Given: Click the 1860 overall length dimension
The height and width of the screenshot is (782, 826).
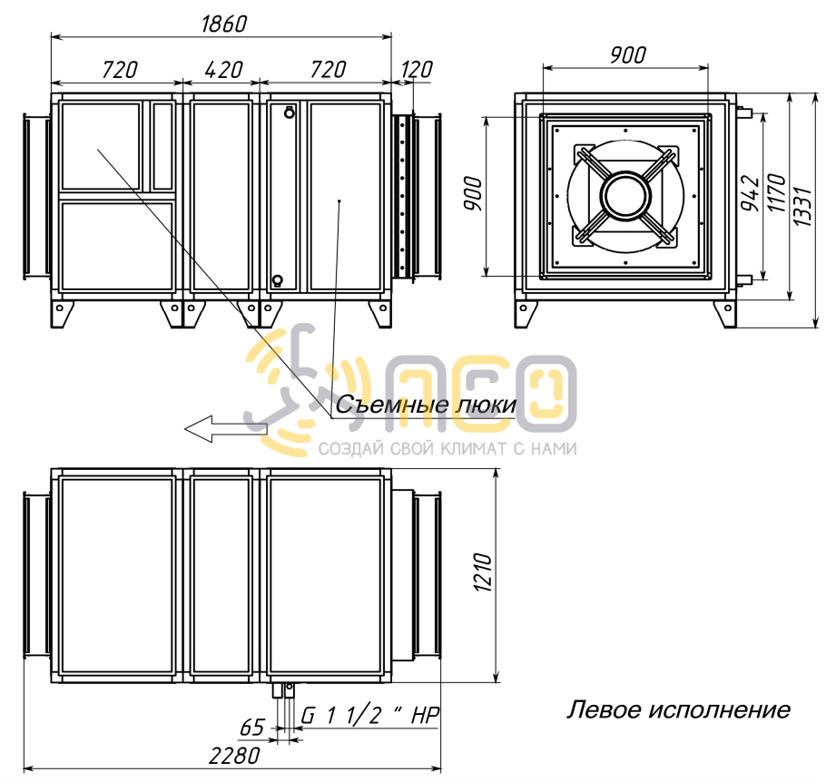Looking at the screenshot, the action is pyautogui.click(x=224, y=24).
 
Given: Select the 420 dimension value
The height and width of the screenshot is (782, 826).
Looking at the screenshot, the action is pyautogui.click(x=223, y=70).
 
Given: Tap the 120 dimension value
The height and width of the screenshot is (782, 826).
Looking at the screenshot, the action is pyautogui.click(x=417, y=70).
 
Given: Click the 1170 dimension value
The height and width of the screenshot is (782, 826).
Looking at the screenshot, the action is pyautogui.click(x=776, y=192).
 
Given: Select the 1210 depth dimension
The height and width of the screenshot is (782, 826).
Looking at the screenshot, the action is pyautogui.click(x=483, y=572).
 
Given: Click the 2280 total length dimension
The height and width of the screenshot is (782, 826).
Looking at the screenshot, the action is pyautogui.click(x=234, y=757).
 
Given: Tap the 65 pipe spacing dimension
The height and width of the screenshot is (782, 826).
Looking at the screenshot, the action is pyautogui.click(x=251, y=728).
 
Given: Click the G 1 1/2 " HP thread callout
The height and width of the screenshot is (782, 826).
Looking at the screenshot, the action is pyautogui.click(x=369, y=716).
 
